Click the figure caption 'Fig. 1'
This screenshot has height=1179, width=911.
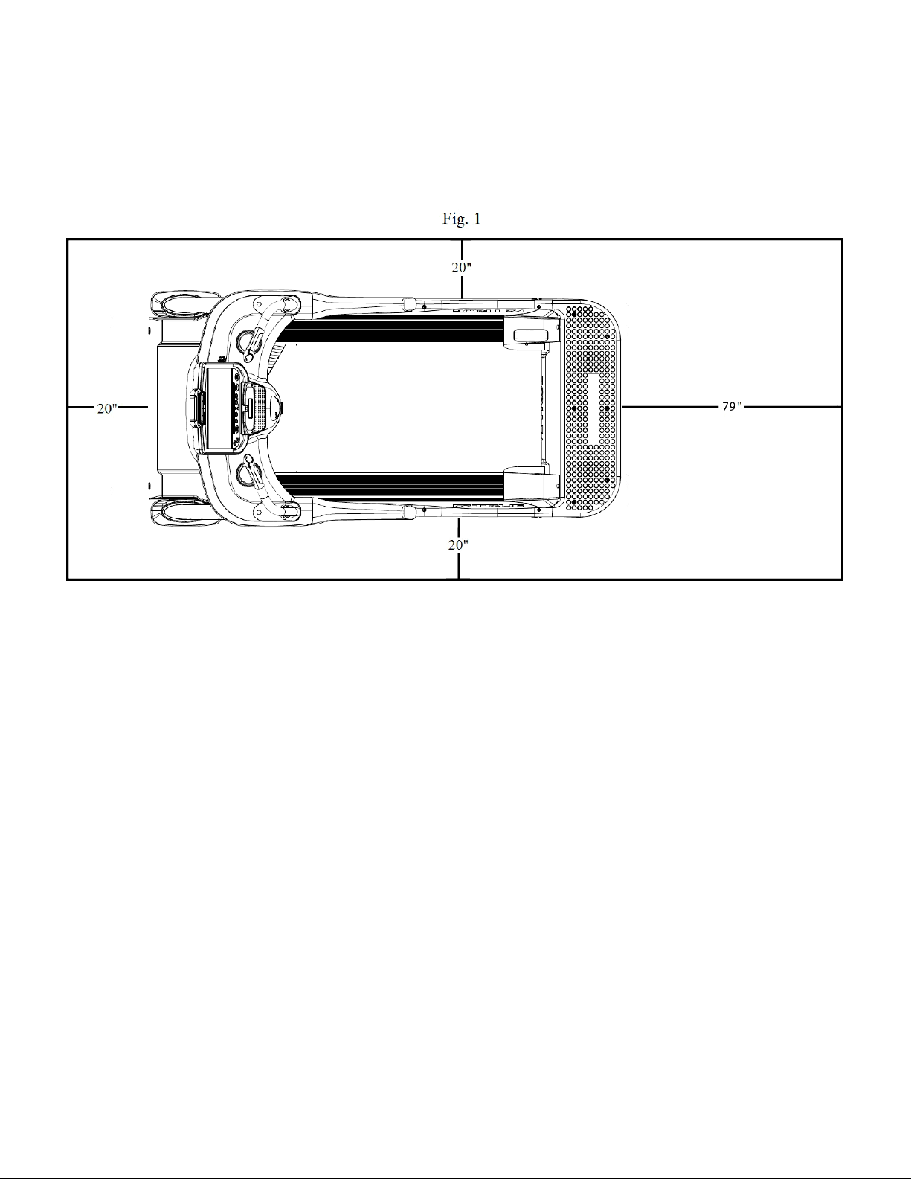[x=462, y=219]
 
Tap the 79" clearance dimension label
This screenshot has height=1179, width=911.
[x=732, y=406]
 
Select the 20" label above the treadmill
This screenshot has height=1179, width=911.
[x=462, y=267]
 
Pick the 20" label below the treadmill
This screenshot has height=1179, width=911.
[x=458, y=544]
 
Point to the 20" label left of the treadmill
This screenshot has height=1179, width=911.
[x=107, y=408]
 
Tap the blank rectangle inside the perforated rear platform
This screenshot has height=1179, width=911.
[x=593, y=408]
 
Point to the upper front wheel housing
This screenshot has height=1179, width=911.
[x=177, y=303]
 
